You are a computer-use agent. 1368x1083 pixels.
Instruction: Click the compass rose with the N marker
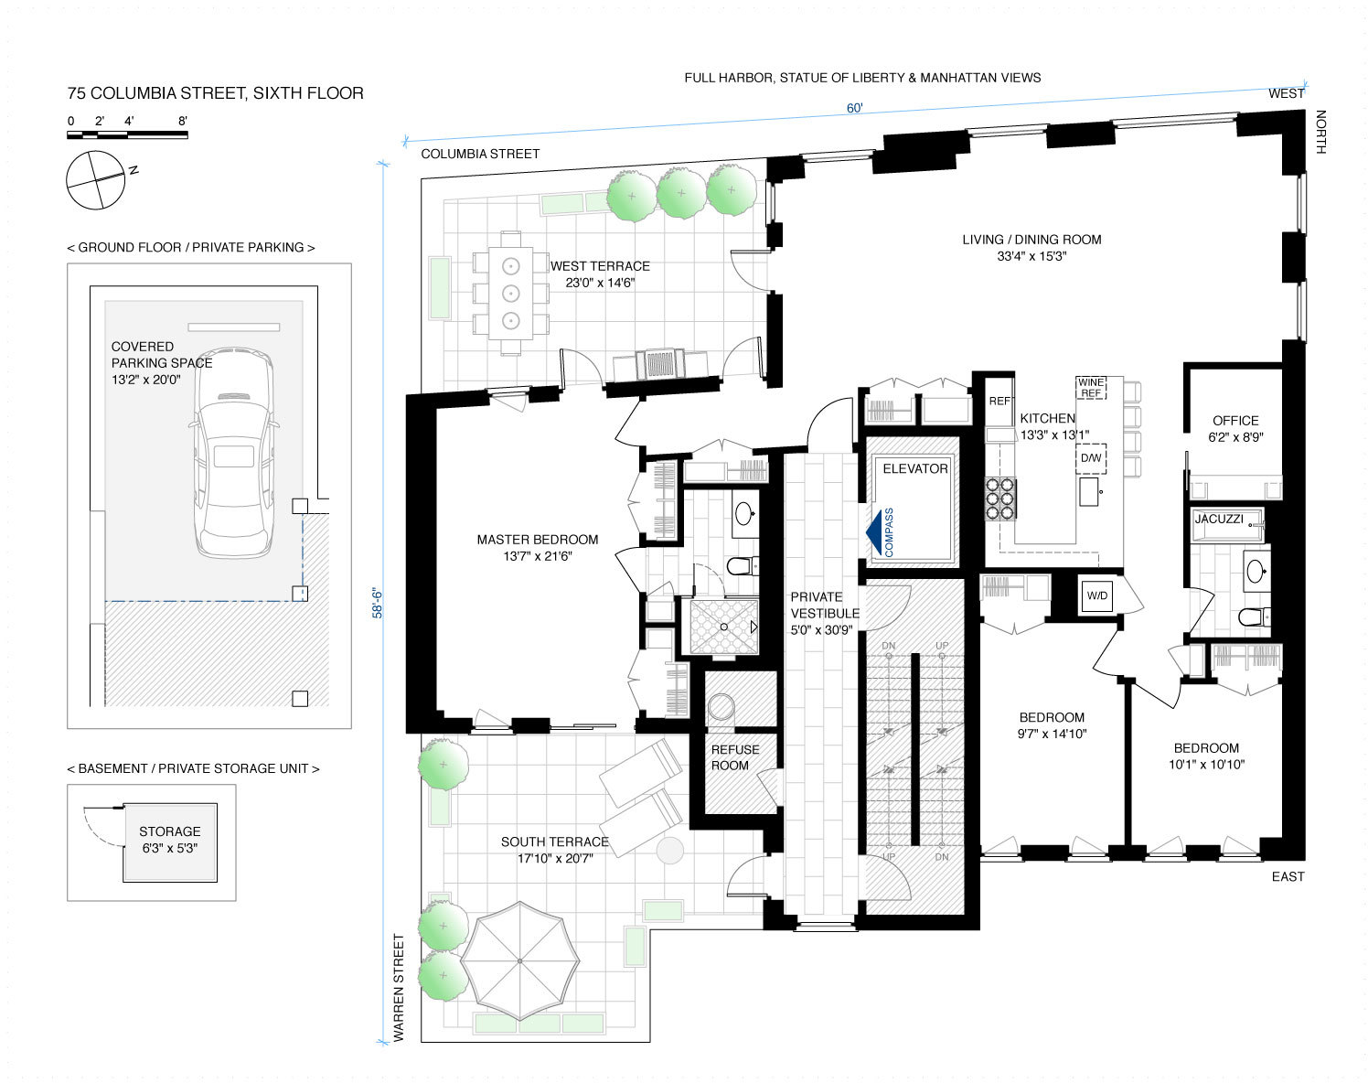(x=95, y=180)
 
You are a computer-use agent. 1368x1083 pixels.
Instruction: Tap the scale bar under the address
(x=127, y=134)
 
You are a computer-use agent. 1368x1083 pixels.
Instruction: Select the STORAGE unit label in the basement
(x=170, y=831)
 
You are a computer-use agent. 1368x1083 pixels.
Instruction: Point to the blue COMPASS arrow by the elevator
(x=880, y=532)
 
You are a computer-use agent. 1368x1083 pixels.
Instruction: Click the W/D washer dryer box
(x=1096, y=595)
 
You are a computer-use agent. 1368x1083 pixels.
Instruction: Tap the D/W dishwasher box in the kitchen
(x=1091, y=458)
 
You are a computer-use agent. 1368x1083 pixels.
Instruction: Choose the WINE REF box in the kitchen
(x=1091, y=387)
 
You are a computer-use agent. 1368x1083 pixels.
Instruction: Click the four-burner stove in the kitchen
(x=999, y=499)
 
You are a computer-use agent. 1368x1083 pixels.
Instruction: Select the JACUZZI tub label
(x=1219, y=519)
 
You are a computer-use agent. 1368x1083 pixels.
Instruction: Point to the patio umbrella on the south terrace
(x=520, y=961)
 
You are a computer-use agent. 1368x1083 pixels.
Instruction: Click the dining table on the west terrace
(x=510, y=294)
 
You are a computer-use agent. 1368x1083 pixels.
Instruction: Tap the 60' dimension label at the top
(x=854, y=108)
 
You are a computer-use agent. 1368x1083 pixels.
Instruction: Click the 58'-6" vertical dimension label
(x=378, y=604)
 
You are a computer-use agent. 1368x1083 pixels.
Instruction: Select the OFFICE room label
(x=1235, y=421)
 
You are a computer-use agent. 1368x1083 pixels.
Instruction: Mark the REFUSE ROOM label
(x=735, y=757)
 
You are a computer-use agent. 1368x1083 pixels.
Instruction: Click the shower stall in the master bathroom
(x=724, y=627)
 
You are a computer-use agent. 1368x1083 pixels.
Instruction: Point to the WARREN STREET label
(x=399, y=988)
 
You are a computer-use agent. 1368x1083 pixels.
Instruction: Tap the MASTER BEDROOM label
(x=537, y=540)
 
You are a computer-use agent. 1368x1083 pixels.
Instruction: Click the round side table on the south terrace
(x=669, y=851)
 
